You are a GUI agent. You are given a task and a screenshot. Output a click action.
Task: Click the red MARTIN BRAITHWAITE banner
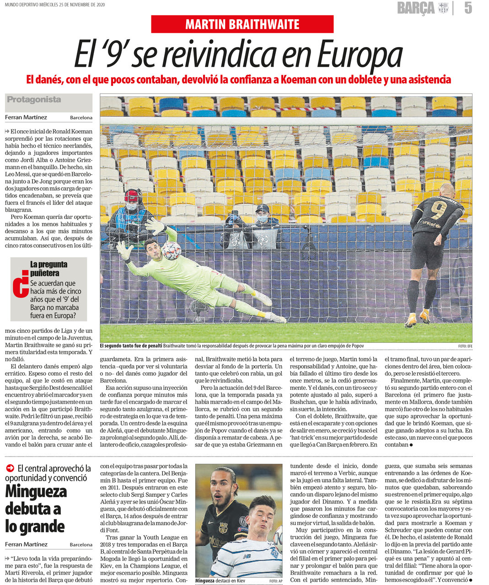pyautogui.click(x=242, y=24)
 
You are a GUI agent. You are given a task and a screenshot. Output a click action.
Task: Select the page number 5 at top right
pyautogui.click(x=468, y=8)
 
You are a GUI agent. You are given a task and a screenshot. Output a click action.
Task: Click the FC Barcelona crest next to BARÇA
pyautogui.click(x=443, y=8)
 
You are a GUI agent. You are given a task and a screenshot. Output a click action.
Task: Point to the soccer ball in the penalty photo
pyautogui.click(x=172, y=251)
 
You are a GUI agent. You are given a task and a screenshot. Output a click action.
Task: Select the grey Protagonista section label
pyautogui.click(x=34, y=100)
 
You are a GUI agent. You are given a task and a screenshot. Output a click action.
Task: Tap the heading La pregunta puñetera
pyautogui.click(x=48, y=268)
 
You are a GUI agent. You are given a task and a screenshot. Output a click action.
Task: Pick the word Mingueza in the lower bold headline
pyautogui.click(x=36, y=491)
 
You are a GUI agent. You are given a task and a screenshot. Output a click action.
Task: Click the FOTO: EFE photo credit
pyautogui.click(x=465, y=346)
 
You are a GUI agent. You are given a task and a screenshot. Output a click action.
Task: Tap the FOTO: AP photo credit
pyautogui.click(x=275, y=581)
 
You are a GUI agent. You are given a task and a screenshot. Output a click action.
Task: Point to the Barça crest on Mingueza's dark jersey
pyautogui.click(x=224, y=528)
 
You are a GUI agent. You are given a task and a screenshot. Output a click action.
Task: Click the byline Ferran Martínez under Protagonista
pyautogui.click(x=26, y=117)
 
